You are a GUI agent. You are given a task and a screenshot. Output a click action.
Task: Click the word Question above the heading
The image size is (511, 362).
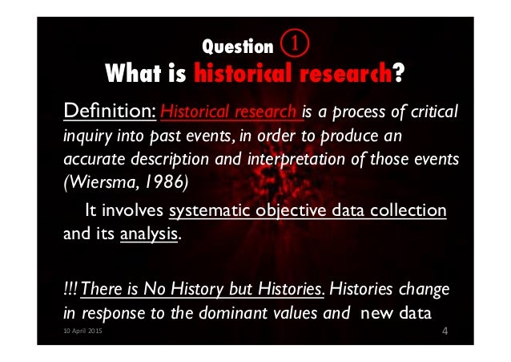tap(238, 47)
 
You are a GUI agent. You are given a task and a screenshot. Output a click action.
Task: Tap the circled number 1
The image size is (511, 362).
tap(296, 42)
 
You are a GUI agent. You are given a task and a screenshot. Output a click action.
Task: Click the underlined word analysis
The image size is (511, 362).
tap(149, 236)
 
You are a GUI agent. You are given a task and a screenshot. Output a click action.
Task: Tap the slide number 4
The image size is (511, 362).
tap(445, 331)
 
